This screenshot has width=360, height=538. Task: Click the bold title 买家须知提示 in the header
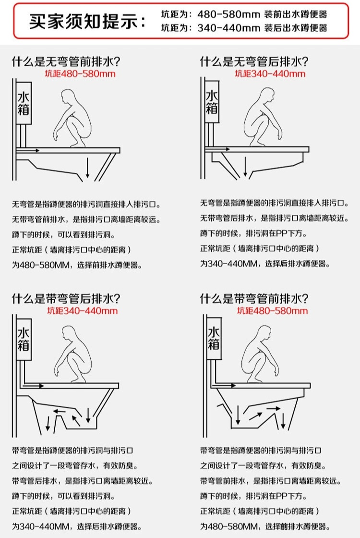click(x=86, y=22)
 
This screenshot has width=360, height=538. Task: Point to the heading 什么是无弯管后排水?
click(x=254, y=61)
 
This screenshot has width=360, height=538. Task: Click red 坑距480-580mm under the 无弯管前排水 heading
click(x=80, y=74)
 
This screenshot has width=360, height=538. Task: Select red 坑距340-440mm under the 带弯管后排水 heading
click(x=82, y=311)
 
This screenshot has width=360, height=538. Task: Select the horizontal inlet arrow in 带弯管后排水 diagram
click(x=35, y=385)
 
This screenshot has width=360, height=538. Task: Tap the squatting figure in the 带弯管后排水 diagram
click(x=72, y=355)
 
